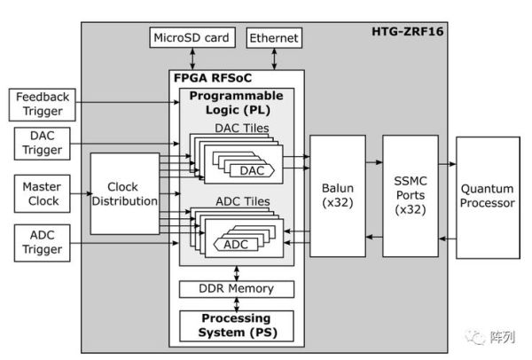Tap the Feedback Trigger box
(41, 104)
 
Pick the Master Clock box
(41, 193)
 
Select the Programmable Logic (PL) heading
(236, 102)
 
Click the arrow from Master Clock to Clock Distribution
(78, 193)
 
